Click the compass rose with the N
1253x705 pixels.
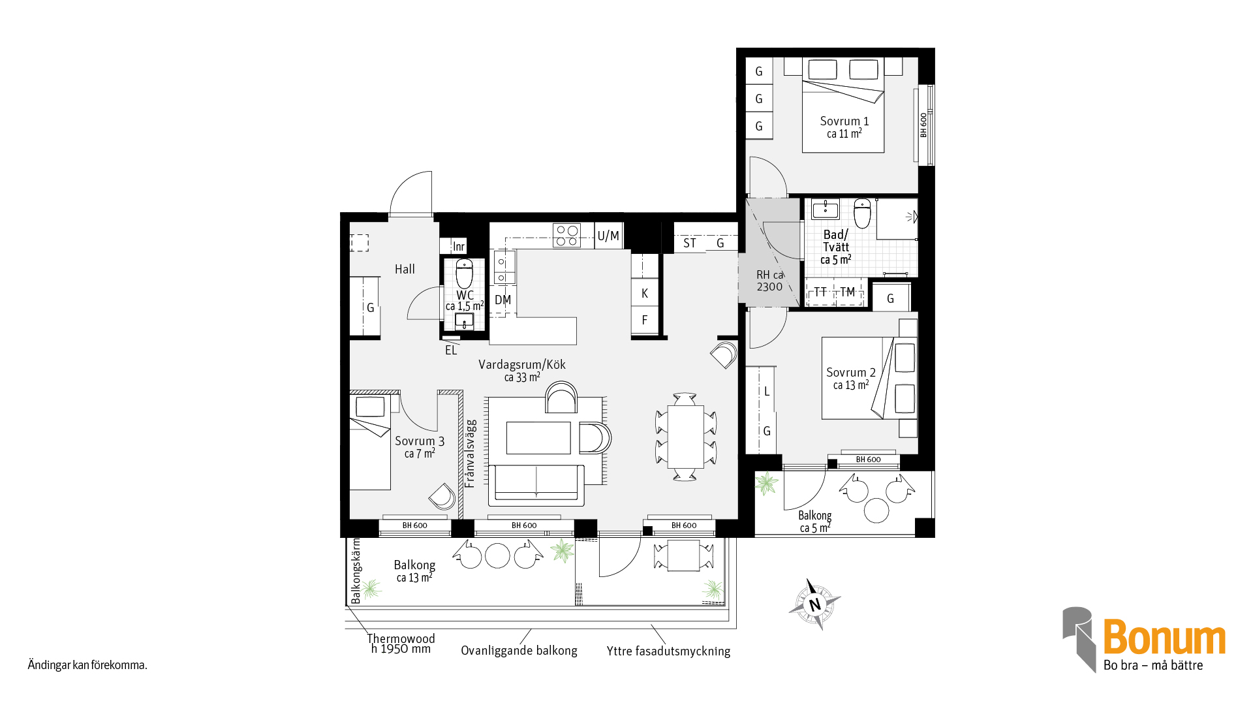click(x=814, y=604)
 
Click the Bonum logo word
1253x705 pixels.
click(x=1164, y=637)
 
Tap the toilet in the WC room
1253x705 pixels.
click(x=464, y=274)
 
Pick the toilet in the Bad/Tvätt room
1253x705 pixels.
click(x=862, y=213)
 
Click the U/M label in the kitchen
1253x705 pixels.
click(x=608, y=236)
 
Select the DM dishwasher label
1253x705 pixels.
click(x=503, y=300)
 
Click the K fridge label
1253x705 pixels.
click(x=645, y=294)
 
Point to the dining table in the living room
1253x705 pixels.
click(x=685, y=436)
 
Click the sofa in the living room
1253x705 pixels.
click(x=536, y=485)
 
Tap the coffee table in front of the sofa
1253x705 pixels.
click(x=538, y=437)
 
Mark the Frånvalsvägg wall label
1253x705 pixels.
click(x=470, y=454)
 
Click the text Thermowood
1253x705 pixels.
click(x=401, y=638)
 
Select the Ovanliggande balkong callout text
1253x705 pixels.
click(x=519, y=651)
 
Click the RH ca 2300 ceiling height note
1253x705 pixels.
click(x=769, y=281)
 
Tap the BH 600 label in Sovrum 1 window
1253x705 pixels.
click(x=923, y=125)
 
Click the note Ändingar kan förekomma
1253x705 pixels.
click(x=87, y=665)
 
